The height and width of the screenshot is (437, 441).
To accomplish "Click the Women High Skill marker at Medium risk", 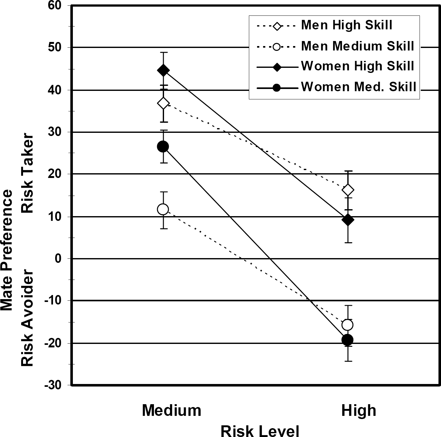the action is [x=163, y=70].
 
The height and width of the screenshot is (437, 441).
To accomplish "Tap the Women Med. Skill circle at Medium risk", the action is [x=163, y=147].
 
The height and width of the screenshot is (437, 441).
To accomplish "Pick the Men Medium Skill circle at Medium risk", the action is [x=163, y=209].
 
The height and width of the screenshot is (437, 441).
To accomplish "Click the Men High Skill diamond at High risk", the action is [x=348, y=190].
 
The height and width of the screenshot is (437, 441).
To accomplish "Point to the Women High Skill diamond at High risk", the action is [x=348, y=220].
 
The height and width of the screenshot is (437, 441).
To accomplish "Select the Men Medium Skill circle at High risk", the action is [x=347, y=325].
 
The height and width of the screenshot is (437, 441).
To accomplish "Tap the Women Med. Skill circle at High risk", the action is [x=347, y=340].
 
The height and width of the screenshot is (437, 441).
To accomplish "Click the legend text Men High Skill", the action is [x=347, y=25].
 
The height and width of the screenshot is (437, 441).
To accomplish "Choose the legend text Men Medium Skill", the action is [x=358, y=46].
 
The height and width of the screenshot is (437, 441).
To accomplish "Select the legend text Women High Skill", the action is [x=358, y=66].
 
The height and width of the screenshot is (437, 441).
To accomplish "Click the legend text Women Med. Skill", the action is [x=359, y=87].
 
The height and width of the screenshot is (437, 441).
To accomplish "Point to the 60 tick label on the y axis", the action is [x=55, y=5].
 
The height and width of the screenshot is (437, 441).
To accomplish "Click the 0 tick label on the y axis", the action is [x=59, y=259].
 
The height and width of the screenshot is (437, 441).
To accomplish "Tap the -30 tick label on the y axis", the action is [x=53, y=385].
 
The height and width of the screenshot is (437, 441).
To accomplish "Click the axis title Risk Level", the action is [x=260, y=431].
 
